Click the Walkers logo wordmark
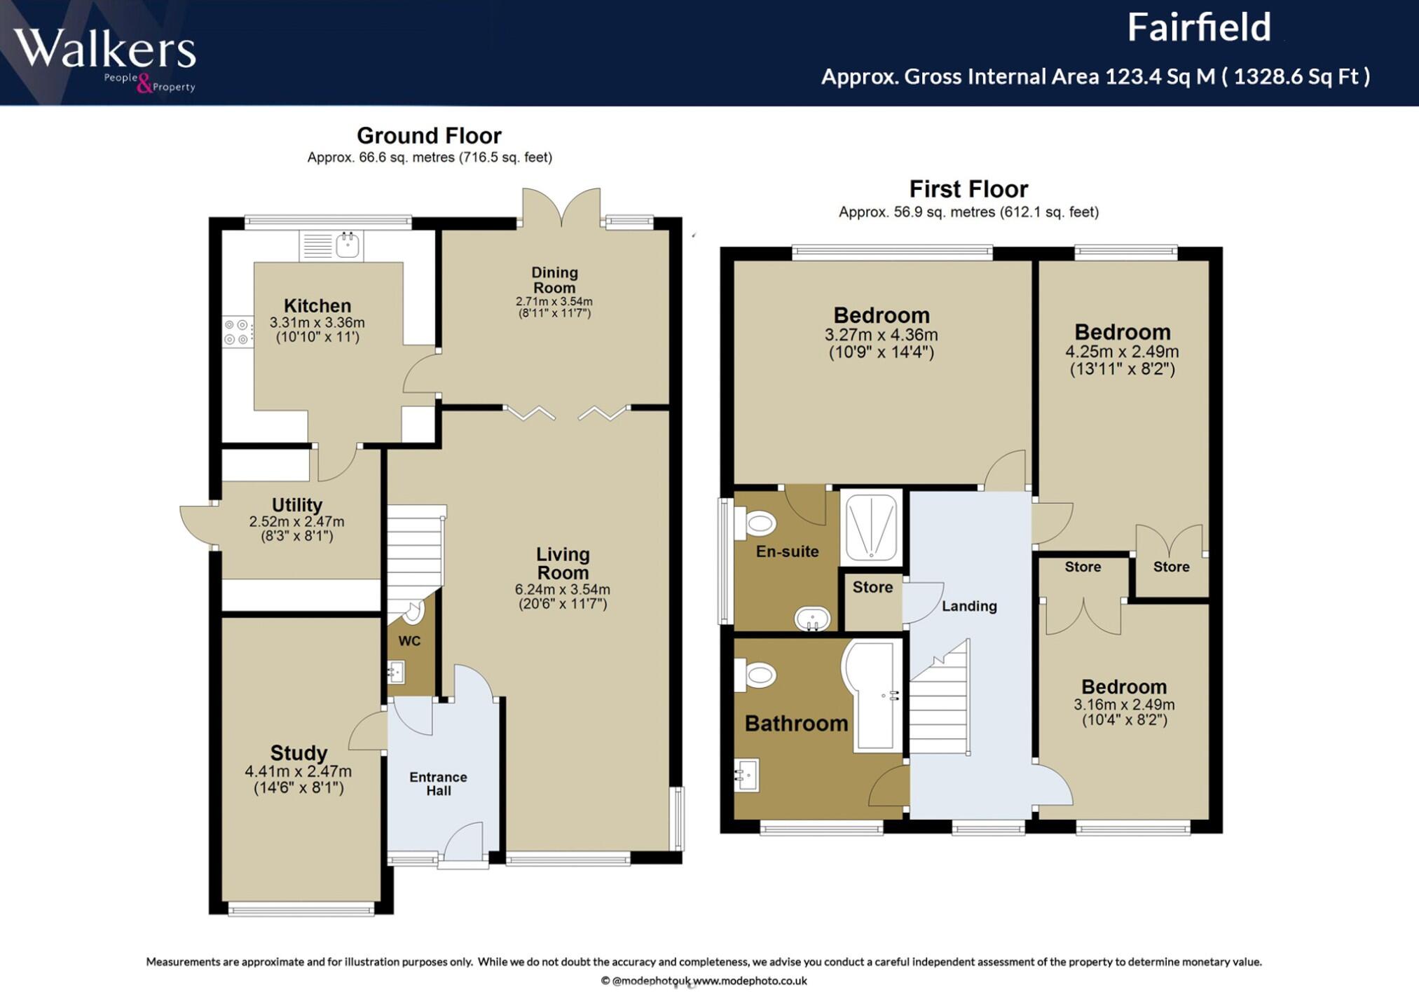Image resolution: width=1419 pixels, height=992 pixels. pos(104,49)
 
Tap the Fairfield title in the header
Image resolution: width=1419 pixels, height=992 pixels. pos(1198,28)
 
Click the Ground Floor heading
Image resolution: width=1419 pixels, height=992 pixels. pos(429,135)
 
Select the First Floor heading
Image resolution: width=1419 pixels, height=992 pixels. pos(968,189)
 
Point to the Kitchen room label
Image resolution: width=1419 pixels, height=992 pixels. pos(317,305)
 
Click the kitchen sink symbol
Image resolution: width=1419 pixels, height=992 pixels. pos(331,245)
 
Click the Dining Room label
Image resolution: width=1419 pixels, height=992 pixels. pos(554,280)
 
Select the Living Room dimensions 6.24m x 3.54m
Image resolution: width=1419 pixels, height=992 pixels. pos(563,589)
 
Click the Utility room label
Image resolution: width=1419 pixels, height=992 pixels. pos(297,505)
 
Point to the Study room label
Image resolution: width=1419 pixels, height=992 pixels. pos(299,753)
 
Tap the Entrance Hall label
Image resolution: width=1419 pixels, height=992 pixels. pos(439,784)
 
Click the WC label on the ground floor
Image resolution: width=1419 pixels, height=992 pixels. pos(409,641)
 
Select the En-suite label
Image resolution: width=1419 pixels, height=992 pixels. pos(787,552)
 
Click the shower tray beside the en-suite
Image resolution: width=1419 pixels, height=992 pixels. pos(871,528)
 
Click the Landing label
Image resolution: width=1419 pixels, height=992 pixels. pos(969,607)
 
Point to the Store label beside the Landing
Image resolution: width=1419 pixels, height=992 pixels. pos(872,588)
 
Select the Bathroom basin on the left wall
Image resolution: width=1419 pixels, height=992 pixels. pos(747,775)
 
